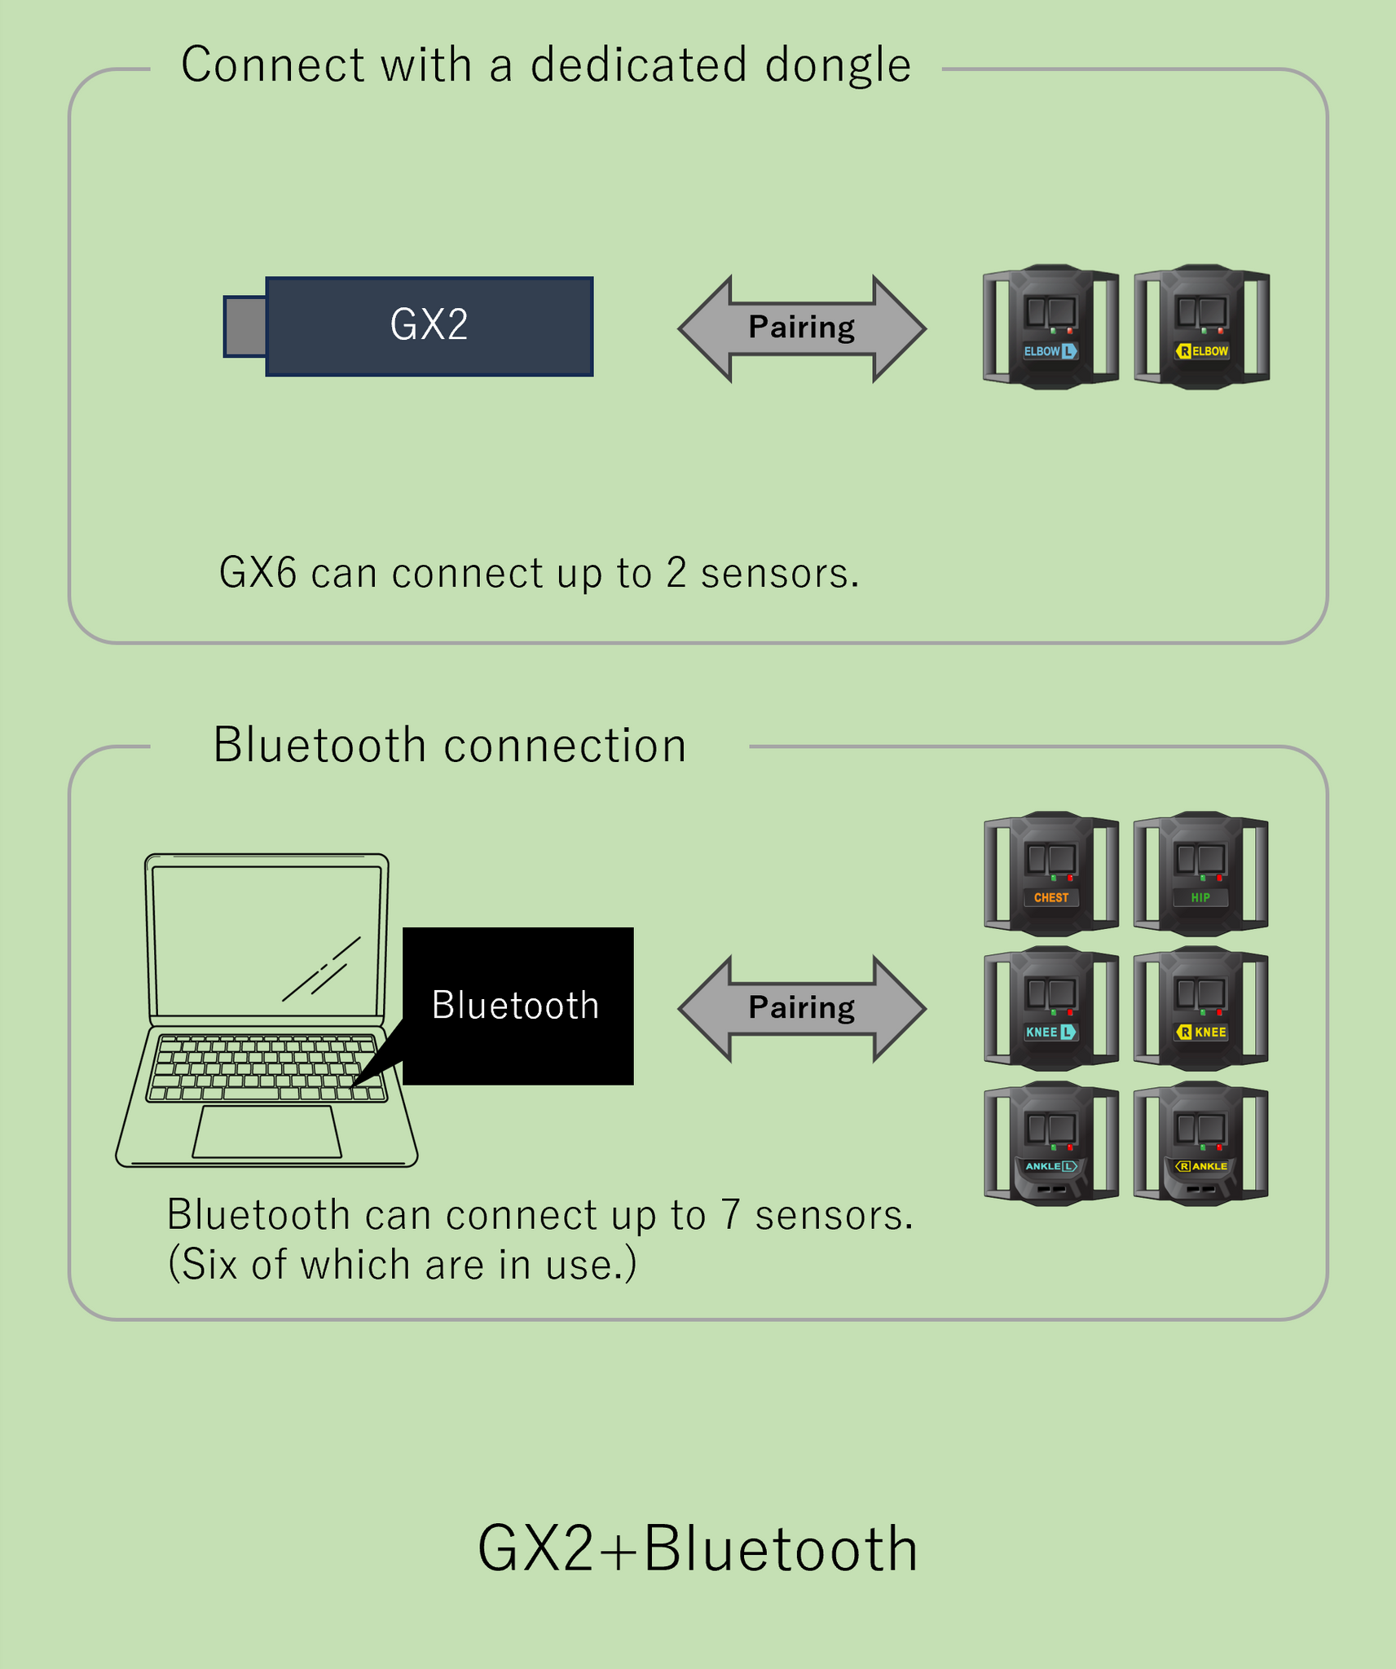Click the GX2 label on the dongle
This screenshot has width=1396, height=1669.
429,325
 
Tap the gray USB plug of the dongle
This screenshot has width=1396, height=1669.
245,327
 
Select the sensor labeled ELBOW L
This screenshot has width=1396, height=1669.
1050,327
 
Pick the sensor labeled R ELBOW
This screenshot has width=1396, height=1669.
1202,327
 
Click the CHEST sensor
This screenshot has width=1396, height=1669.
1050,874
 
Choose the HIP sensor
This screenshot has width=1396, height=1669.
1200,874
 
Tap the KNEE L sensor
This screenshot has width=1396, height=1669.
1050,1008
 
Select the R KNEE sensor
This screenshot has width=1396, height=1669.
1200,1008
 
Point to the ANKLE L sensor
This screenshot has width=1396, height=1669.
1050,1143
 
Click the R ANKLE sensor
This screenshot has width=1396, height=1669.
1200,1143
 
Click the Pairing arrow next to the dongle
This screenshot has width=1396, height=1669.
802,328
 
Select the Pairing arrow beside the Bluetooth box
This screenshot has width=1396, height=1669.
802,1008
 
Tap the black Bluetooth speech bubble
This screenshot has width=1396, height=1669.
517,1005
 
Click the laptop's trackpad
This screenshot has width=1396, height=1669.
266,1131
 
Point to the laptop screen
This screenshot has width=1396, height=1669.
266,940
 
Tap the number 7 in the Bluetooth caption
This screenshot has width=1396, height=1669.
730,1215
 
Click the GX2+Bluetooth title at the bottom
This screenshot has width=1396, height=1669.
698,1548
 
